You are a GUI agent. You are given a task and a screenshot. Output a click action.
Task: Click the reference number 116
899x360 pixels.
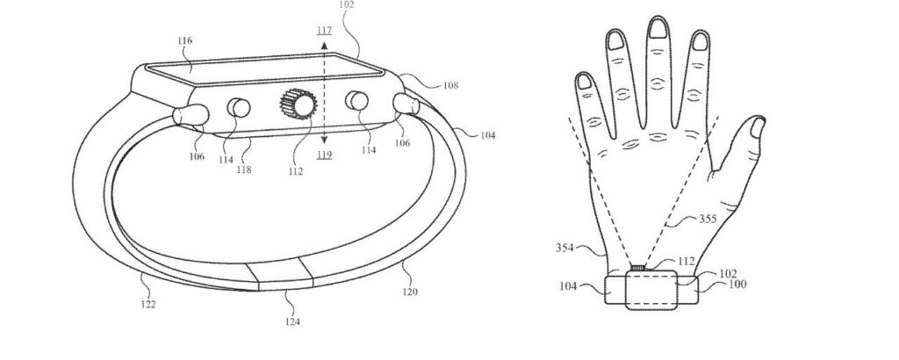click(x=184, y=40)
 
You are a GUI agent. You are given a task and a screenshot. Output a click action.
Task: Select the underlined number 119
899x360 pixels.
click(x=324, y=155)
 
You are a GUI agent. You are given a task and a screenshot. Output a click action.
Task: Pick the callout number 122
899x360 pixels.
click(x=148, y=304)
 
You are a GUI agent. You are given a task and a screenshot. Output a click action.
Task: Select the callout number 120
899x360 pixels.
click(x=410, y=291)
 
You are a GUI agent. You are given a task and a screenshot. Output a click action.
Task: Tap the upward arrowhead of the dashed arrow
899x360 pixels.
click(x=324, y=45)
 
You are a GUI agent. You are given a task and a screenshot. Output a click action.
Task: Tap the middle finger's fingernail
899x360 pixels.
click(x=656, y=29)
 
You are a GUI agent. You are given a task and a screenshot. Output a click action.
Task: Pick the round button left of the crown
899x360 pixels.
click(x=238, y=109)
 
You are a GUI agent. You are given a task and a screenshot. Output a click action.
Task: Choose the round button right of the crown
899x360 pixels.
click(x=356, y=102)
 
